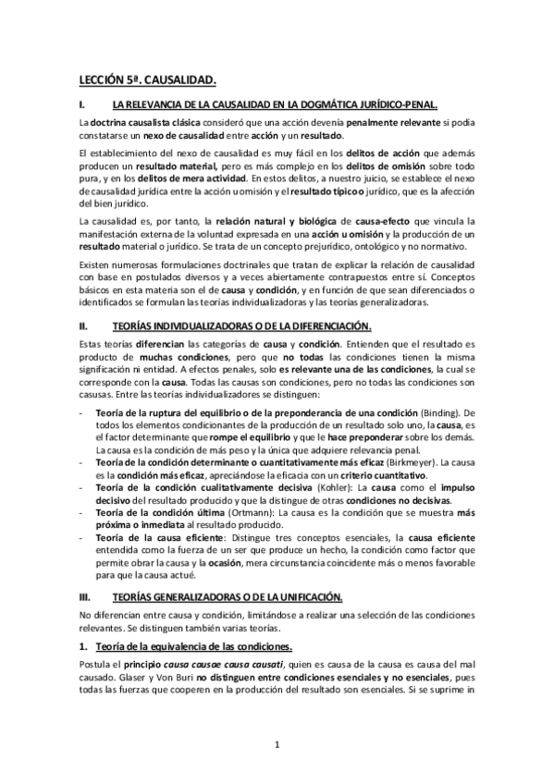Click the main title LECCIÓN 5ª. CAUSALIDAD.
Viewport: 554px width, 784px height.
coord(148,81)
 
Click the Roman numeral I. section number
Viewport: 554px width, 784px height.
coord(82,105)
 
